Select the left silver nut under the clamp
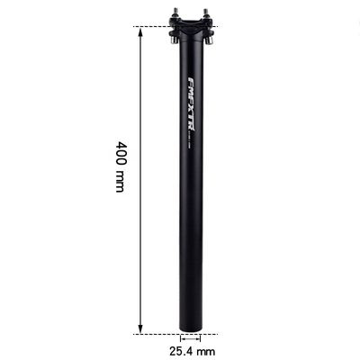pos(173,39)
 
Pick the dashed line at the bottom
pos(157,333)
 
